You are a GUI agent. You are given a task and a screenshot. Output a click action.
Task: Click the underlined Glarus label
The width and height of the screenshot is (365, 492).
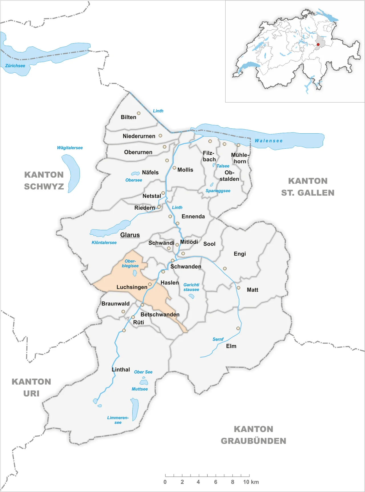coord(130,235)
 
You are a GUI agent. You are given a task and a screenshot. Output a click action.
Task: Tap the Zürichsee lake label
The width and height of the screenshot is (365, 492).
coord(15,66)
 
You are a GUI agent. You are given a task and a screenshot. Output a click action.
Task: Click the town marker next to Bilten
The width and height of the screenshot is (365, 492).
coord(139,113)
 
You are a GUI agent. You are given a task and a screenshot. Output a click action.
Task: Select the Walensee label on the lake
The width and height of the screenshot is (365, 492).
coord(268,141)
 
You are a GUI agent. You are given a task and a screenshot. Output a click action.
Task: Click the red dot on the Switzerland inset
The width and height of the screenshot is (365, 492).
coord(318,44)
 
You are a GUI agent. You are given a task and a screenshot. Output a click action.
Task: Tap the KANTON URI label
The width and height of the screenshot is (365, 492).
coord(31,387)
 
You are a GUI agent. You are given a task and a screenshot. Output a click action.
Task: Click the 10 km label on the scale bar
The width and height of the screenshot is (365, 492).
coord(251,482)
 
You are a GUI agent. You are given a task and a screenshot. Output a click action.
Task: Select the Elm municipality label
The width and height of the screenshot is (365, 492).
coord(231,346)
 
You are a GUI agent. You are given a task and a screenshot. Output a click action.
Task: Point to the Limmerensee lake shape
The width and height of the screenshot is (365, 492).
coord(135,409)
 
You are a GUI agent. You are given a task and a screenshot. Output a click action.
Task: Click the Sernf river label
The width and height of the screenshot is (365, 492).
coord(218,339)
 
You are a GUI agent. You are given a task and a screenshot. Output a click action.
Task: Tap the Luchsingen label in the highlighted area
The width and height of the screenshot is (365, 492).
coord(132,287)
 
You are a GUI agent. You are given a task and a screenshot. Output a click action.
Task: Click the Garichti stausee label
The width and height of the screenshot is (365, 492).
coord(191,287)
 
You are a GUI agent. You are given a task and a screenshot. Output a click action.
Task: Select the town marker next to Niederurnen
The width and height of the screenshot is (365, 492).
coord(160,136)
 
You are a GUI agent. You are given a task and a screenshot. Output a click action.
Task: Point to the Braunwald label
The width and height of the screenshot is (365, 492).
coord(115,304)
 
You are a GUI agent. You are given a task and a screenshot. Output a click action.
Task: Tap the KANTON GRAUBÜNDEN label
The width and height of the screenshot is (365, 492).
coord(254,435)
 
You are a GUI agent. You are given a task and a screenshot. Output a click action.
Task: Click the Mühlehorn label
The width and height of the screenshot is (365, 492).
coord(240,158)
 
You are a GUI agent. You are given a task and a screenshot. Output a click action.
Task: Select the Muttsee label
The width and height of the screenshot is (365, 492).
coord(140,389)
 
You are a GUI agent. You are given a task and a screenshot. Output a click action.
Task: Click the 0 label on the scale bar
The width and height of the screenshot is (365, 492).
coord(165,482)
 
